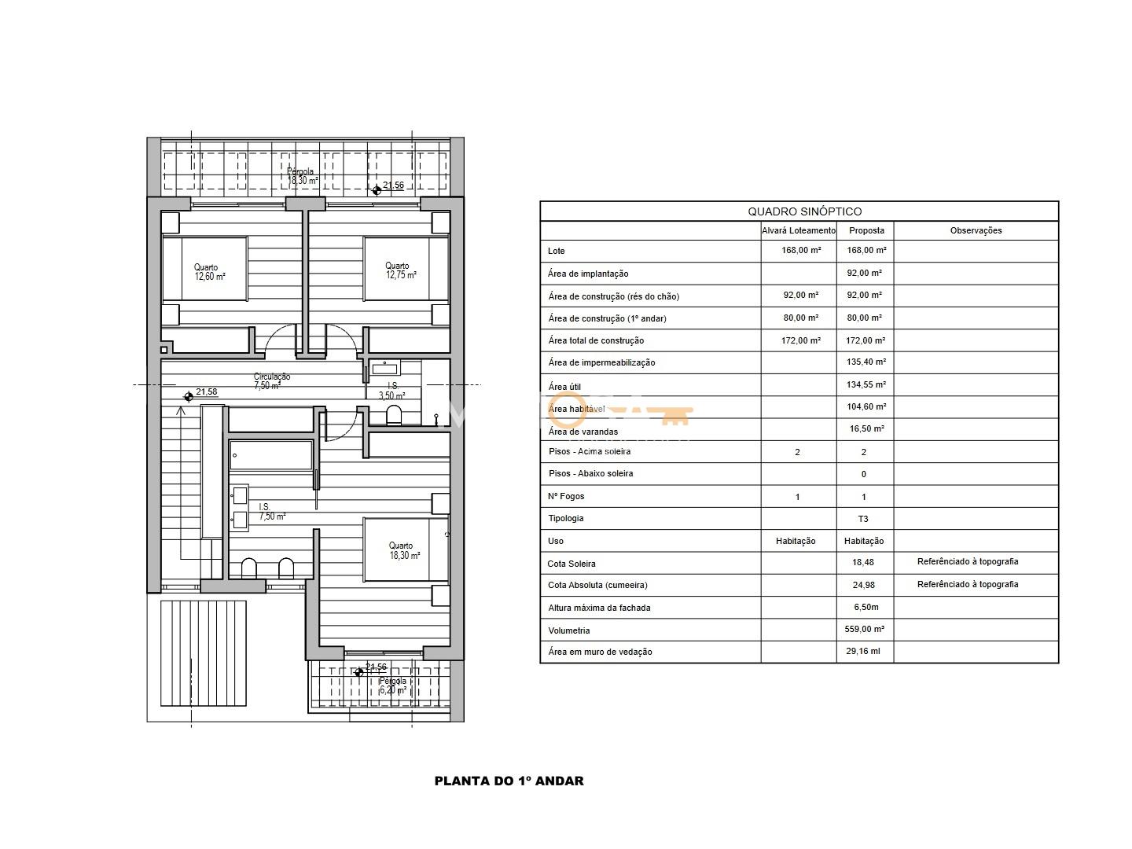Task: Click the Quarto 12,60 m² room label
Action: pos(209,272)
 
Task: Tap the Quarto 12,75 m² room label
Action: pos(401,270)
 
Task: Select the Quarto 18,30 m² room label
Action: pos(404,550)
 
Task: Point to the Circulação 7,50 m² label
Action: pos(271,381)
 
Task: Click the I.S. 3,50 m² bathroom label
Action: pos(392,391)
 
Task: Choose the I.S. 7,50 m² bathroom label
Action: pos(272,511)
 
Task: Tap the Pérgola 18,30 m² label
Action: pos(302,176)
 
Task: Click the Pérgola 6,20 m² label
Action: pos(393,685)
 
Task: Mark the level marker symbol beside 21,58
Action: pos(189,397)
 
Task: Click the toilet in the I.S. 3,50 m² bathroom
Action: pos(394,415)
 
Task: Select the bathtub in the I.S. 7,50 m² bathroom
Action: pos(270,455)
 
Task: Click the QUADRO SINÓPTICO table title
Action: pos(804,211)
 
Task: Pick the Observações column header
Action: pos(976,230)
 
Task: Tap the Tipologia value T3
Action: pos(863,519)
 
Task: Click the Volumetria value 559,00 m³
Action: pos(865,629)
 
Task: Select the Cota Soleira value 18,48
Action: pos(863,562)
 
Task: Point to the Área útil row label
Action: pos(564,387)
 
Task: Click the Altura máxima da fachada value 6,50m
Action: pos(866,607)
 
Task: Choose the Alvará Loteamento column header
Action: pos(799,230)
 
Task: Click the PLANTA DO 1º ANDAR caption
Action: pos(509,781)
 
